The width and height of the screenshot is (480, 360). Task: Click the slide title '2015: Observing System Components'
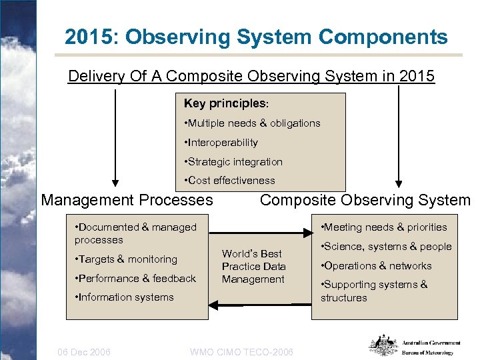[256, 37]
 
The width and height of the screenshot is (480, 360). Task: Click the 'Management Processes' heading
[127, 199]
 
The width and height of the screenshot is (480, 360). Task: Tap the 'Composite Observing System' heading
[365, 199]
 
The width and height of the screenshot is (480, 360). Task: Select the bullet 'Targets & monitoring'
[126, 259]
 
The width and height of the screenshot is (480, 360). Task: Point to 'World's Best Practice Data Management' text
[253, 266]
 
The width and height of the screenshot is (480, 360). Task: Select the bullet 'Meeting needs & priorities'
[384, 227]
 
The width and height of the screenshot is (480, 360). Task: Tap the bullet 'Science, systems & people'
[386, 246]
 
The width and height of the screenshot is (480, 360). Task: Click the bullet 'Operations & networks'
[376, 265]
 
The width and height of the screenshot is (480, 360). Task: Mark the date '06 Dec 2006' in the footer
[85, 351]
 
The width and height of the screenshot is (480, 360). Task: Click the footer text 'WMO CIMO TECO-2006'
[241, 351]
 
